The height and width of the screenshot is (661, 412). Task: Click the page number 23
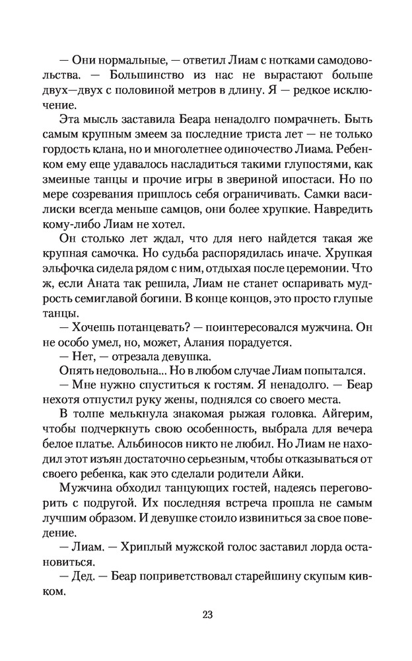pos(207,615)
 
